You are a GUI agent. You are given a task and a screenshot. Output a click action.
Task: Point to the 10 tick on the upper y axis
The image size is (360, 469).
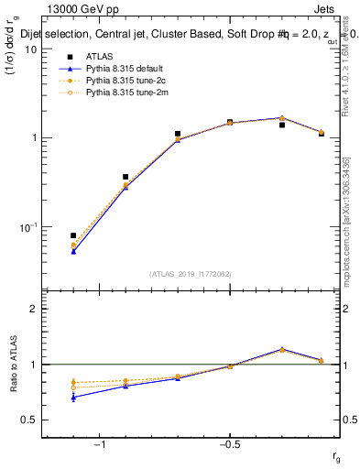pyautogui.click(x=31, y=49)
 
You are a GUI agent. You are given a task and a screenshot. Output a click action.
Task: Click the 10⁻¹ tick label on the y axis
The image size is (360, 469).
pyautogui.click(x=28, y=226)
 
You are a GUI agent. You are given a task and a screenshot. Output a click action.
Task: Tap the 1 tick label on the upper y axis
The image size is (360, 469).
pyautogui.click(x=35, y=138)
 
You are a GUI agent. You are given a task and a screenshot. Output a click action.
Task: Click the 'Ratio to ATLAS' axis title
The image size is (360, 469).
pyautogui.click(x=12, y=365)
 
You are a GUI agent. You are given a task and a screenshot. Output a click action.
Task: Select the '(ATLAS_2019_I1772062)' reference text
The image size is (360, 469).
pyautogui.click(x=191, y=273)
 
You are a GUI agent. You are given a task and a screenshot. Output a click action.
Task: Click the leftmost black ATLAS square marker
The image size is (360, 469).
pyautogui.click(x=73, y=235)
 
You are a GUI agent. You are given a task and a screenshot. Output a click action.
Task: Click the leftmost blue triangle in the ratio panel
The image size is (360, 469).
pyautogui.click(x=73, y=397)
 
